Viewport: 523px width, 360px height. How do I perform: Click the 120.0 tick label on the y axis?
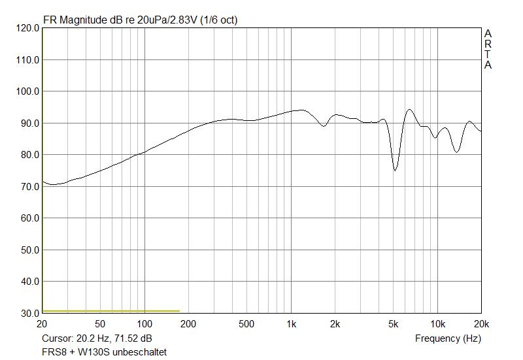click(26, 28)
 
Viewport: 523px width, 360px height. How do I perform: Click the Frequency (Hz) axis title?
click(448, 338)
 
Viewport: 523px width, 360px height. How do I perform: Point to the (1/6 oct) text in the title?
click(219, 20)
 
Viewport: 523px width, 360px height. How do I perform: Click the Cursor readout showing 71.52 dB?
click(97, 338)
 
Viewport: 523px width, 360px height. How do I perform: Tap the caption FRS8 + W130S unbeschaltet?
click(104, 352)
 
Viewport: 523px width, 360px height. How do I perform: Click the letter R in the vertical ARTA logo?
click(488, 44)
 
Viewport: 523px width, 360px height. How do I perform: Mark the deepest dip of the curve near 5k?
click(395, 171)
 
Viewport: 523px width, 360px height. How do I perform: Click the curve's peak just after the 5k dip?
click(409, 110)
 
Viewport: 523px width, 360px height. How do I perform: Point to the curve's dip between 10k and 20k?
click(457, 152)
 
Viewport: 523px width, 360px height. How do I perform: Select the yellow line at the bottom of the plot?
click(110, 311)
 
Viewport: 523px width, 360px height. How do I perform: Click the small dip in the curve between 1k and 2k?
click(323, 126)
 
